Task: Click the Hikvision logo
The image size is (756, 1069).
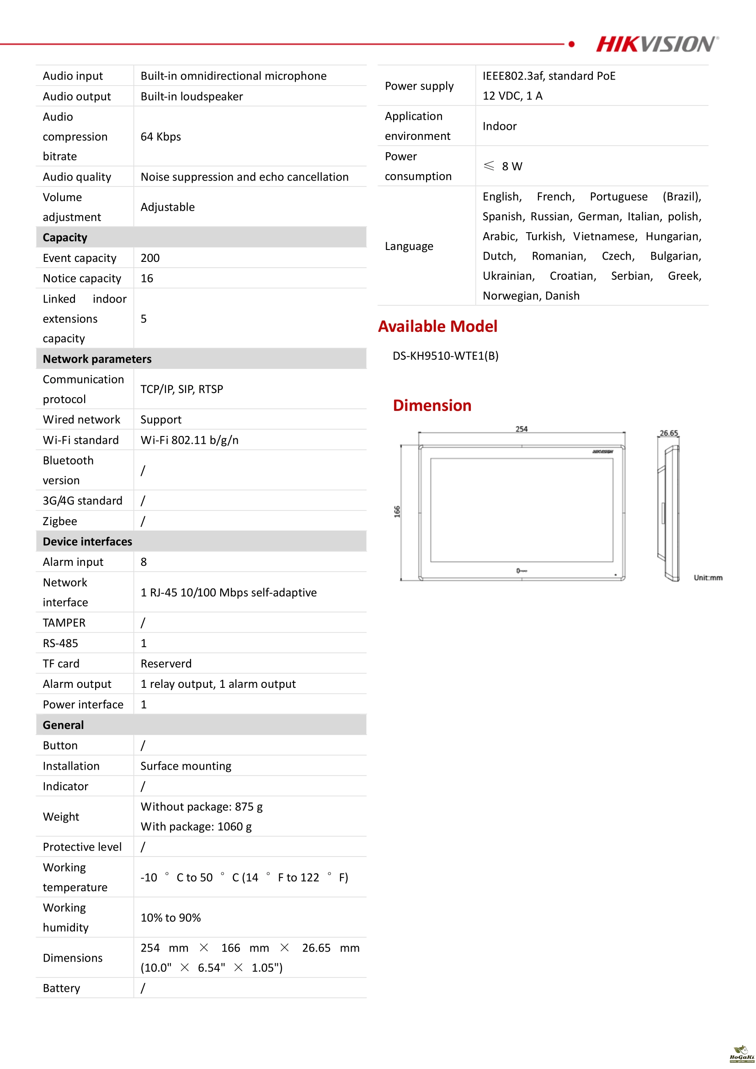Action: click(657, 44)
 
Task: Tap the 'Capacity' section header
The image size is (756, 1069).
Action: click(65, 238)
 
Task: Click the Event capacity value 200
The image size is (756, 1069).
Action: click(150, 258)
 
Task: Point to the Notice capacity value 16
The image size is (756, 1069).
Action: click(147, 278)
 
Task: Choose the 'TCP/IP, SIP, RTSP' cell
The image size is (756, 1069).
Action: click(181, 389)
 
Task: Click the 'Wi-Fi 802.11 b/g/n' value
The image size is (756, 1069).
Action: click(190, 440)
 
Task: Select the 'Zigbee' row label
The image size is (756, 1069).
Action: click(60, 521)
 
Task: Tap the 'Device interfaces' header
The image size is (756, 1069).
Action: click(87, 542)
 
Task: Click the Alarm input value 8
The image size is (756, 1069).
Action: click(144, 562)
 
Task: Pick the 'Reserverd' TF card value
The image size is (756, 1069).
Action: click(166, 664)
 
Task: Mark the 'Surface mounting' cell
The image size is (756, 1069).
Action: click(186, 766)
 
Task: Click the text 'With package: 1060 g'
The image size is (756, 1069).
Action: click(196, 826)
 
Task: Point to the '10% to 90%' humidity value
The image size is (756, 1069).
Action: click(170, 918)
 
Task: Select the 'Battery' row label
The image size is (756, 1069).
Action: click(61, 988)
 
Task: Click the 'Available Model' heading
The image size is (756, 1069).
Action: click(437, 326)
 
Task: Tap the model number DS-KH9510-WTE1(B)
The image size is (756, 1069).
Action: click(445, 356)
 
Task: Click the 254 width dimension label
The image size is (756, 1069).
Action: click(522, 429)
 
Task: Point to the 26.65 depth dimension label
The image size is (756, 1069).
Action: click(669, 433)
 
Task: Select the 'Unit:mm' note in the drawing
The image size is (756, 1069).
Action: click(708, 578)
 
